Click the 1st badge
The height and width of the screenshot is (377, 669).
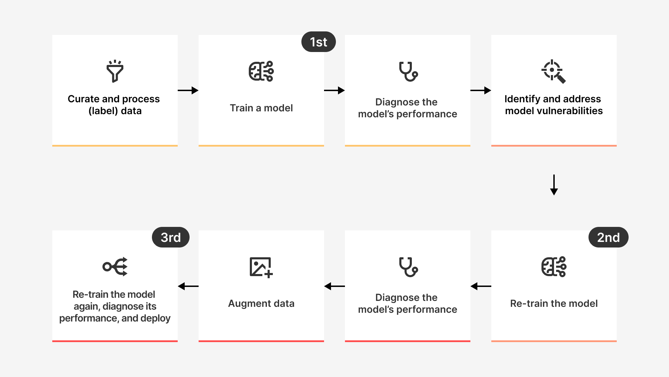pos(318,42)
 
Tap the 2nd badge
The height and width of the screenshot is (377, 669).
pos(608,237)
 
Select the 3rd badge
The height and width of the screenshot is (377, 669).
pos(171,237)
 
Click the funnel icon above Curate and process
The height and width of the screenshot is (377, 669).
pos(115,71)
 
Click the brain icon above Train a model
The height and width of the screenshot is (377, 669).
pos(261,71)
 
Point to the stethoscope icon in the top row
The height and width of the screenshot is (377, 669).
pos(408,72)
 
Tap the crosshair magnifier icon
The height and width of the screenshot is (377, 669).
pos(553,72)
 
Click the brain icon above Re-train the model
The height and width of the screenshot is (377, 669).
pos(554,267)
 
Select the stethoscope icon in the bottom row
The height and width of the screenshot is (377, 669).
pos(408,267)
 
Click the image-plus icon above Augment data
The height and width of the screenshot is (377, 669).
pos(261,267)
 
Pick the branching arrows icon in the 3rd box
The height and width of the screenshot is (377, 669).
pos(115,267)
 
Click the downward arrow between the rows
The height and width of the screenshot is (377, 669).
pos(554,185)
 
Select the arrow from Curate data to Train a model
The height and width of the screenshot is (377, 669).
pos(188,90)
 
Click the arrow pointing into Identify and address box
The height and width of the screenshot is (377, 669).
pos(481,90)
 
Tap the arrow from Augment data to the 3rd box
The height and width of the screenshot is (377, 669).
pos(188,286)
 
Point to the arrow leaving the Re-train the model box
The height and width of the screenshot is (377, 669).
pos(481,286)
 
